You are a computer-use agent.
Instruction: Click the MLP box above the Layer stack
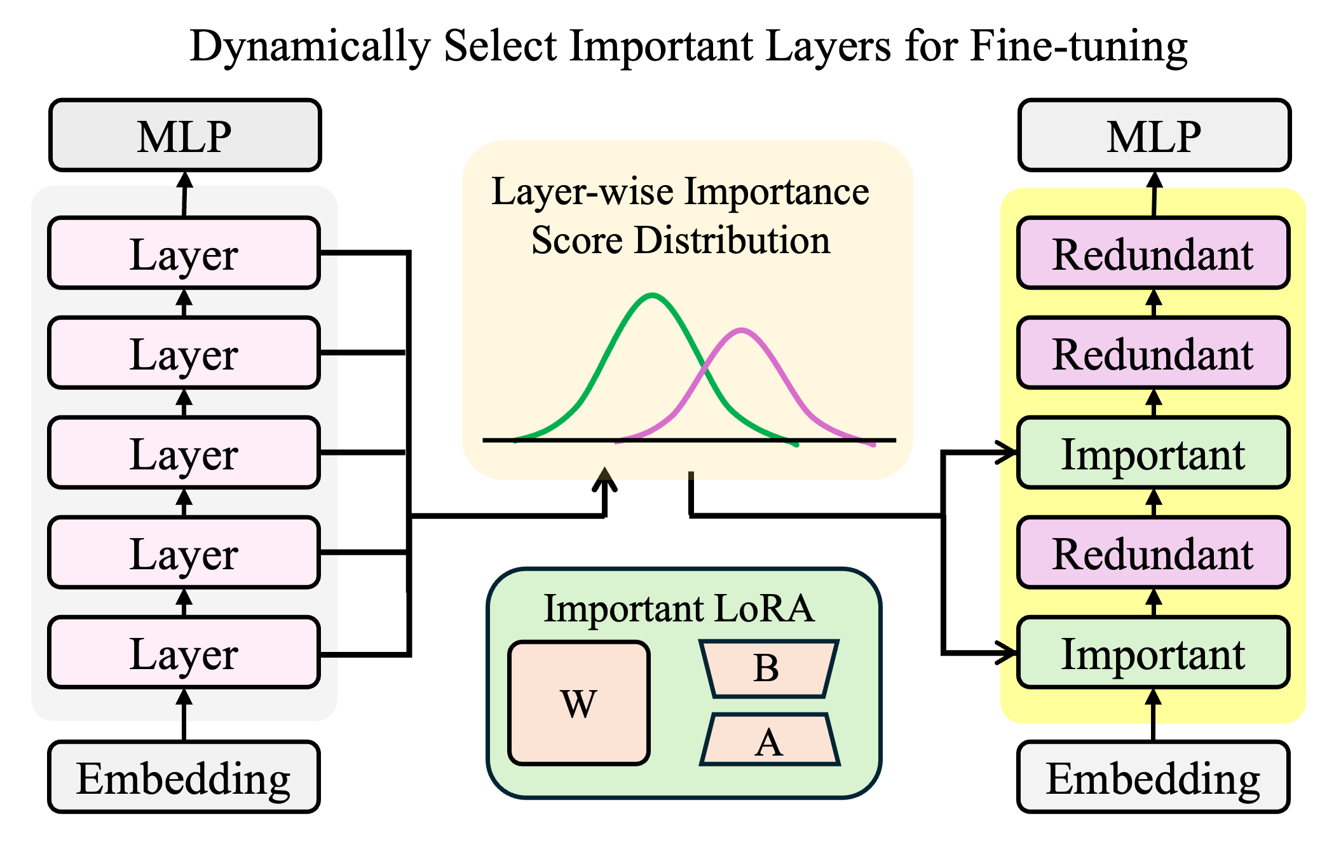pyautogui.click(x=185, y=135)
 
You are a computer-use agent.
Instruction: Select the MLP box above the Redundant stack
pyautogui.click(x=1154, y=135)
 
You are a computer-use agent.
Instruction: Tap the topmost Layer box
pyautogui.click(x=184, y=253)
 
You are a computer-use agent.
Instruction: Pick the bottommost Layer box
pyautogui.click(x=184, y=653)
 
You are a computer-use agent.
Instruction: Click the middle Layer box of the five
pyautogui.click(x=184, y=453)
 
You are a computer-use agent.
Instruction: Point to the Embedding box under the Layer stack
pyautogui.click(x=184, y=777)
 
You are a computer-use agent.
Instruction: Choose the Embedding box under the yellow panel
pyautogui.click(x=1153, y=777)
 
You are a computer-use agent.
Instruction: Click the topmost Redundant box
pyautogui.click(x=1153, y=253)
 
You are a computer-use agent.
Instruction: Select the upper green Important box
pyautogui.click(x=1153, y=453)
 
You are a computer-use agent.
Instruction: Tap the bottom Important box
pyautogui.click(x=1153, y=653)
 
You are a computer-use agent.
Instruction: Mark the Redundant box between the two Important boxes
pyautogui.click(x=1153, y=553)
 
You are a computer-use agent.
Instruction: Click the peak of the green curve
pyautogui.click(x=653, y=295)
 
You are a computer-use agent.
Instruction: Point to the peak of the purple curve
pyautogui.click(x=742, y=330)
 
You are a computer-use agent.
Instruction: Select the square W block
pyautogui.click(x=579, y=703)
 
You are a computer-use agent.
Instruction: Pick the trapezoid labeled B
pyautogui.click(x=768, y=668)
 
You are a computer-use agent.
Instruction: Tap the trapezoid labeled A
pyautogui.click(x=770, y=740)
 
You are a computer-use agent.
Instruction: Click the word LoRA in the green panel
pyautogui.click(x=764, y=608)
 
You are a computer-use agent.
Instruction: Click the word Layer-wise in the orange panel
pyautogui.click(x=583, y=191)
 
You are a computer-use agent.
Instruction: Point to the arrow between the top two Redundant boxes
pyautogui.click(x=1154, y=303)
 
